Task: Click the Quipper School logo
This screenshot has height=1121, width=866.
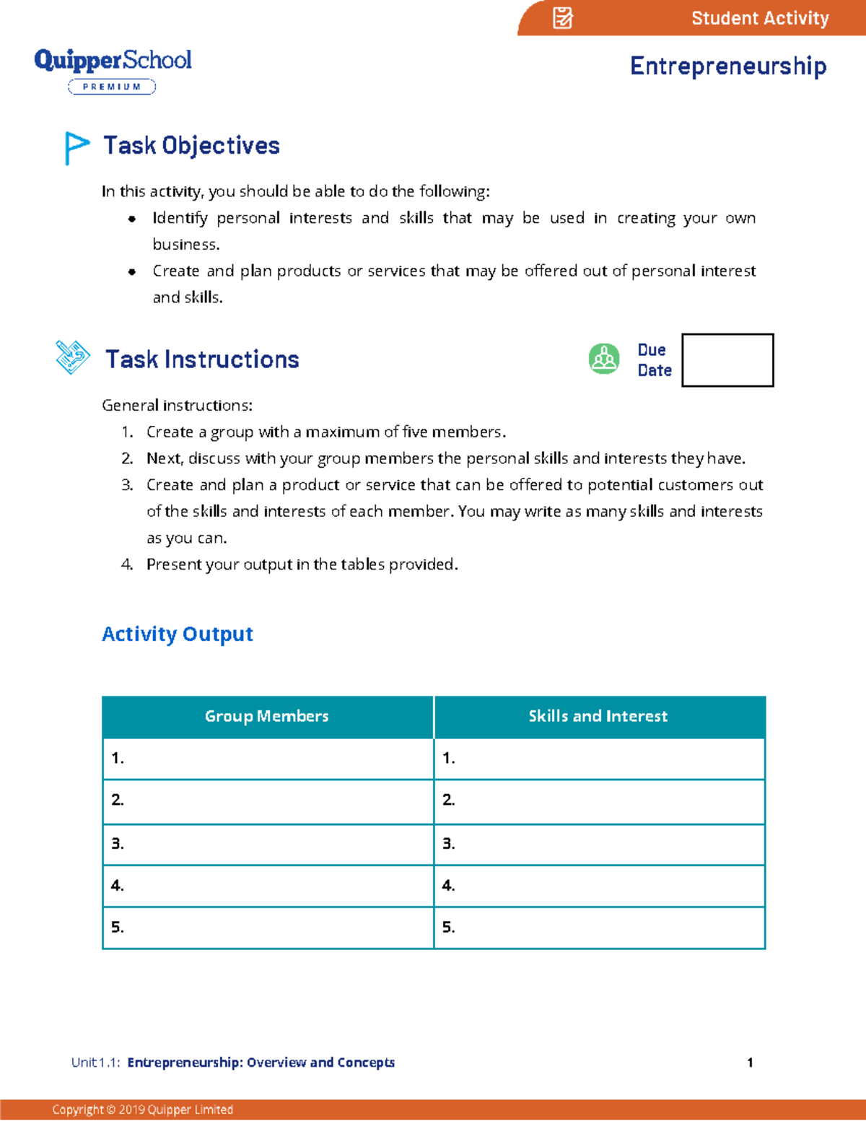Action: click(x=113, y=60)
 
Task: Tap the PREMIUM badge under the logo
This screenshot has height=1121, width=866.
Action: click(x=112, y=87)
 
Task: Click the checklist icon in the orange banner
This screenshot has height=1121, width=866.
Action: click(x=562, y=18)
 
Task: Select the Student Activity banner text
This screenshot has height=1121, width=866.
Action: click(x=759, y=18)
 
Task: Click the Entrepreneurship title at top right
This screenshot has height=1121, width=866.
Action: click(x=727, y=66)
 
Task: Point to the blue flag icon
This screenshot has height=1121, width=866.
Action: click(x=76, y=147)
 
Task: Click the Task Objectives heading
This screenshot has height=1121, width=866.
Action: click(x=191, y=146)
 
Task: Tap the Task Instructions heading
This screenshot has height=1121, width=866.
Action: click(x=202, y=359)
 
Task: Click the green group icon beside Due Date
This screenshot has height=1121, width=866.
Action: click(x=604, y=359)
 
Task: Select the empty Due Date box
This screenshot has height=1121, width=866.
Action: click(x=727, y=359)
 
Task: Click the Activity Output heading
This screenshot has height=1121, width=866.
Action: click(x=178, y=634)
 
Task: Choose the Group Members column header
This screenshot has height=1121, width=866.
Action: click(x=267, y=716)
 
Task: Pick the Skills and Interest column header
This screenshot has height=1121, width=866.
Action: click(x=598, y=716)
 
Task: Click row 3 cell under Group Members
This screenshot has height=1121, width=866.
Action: click(x=268, y=844)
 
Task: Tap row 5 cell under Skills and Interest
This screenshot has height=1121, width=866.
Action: click(x=599, y=928)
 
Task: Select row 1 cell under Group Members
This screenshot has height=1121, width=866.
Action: click(x=268, y=758)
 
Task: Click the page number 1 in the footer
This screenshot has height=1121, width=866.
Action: click(x=750, y=1063)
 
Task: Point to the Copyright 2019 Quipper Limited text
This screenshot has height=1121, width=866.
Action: click(x=142, y=1109)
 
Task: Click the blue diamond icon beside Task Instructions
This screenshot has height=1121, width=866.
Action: click(x=73, y=357)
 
